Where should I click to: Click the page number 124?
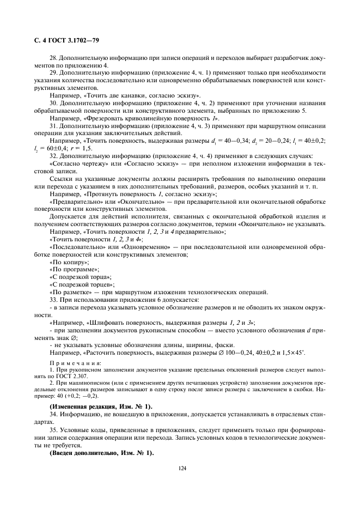[x=180, y=466]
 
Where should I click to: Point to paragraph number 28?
[x=53, y=59]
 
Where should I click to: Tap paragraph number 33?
[x=53, y=300]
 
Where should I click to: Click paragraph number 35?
[x=53, y=426]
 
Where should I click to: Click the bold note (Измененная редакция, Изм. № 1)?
[x=101, y=406]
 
